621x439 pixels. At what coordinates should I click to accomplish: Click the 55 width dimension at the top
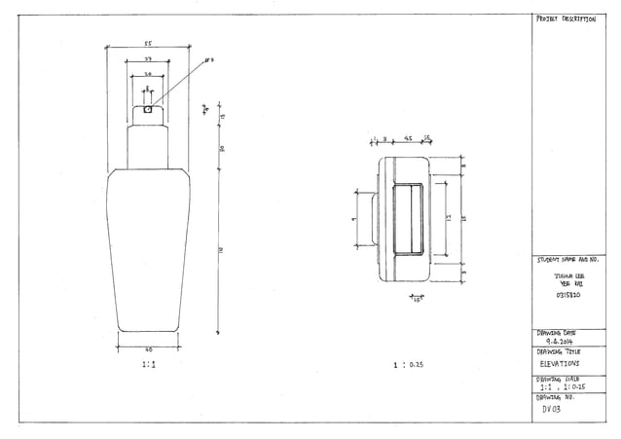(x=147, y=44)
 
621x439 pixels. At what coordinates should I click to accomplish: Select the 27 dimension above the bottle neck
(x=147, y=60)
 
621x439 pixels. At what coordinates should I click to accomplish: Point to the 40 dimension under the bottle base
(x=148, y=348)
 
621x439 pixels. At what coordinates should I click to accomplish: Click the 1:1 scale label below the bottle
(x=148, y=365)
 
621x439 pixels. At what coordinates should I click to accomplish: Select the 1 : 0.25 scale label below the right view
(x=407, y=365)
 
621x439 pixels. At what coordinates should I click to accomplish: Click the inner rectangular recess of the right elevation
(x=407, y=219)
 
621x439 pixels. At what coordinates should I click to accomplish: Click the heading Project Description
(x=565, y=19)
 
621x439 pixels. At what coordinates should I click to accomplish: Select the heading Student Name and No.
(x=566, y=261)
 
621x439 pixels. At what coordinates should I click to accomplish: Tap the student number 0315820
(x=567, y=294)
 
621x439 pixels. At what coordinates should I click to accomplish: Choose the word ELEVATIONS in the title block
(x=560, y=363)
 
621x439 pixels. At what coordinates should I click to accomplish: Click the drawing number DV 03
(x=552, y=410)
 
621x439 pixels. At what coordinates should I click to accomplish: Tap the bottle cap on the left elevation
(x=147, y=114)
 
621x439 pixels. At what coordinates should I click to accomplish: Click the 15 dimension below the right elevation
(x=417, y=300)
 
